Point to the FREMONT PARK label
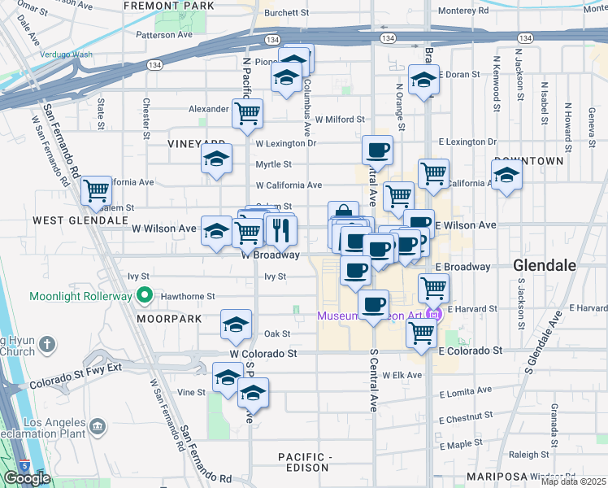(x=169, y=6)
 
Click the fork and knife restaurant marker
(x=281, y=231)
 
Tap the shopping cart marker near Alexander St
(x=247, y=114)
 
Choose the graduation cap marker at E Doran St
(x=423, y=81)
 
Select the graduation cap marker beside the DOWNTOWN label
(x=506, y=175)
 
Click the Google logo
(x=27, y=478)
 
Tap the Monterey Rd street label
(x=463, y=11)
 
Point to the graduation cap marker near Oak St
(x=235, y=325)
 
